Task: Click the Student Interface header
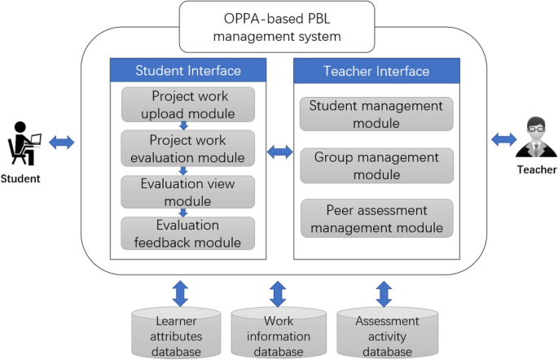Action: point(188,70)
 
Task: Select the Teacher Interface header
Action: point(376,70)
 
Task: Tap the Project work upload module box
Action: point(188,104)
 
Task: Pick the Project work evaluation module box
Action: point(188,147)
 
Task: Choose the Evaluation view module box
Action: point(188,191)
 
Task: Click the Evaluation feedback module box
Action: point(188,233)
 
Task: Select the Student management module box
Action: point(377,114)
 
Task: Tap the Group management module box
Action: point(377,165)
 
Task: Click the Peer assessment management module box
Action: point(377,218)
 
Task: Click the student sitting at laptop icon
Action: point(24,143)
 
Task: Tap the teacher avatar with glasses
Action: point(535,139)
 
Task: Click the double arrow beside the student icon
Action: point(62,143)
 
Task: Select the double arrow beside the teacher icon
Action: point(504,140)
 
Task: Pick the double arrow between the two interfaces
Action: point(280,151)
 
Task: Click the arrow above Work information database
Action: point(278,292)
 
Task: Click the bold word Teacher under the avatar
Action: point(537,169)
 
